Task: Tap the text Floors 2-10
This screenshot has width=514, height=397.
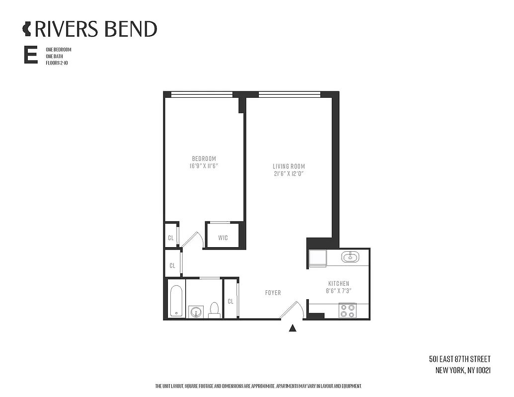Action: click(x=57, y=64)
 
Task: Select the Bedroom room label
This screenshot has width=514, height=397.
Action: click(x=204, y=159)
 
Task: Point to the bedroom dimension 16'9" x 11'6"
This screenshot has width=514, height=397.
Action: click(x=204, y=166)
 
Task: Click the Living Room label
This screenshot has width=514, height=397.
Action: click(x=289, y=166)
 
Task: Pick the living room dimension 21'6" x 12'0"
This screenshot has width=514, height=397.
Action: click(x=289, y=174)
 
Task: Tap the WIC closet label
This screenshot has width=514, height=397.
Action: click(x=223, y=238)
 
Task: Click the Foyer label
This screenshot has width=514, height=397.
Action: click(x=273, y=293)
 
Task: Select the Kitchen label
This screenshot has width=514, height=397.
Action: click(x=338, y=283)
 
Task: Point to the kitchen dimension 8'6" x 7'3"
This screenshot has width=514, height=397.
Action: click(x=338, y=291)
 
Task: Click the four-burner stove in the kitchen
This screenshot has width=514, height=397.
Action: click(x=347, y=311)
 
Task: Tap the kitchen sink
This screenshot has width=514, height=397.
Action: click(x=352, y=257)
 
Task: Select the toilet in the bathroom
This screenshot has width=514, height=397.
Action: click(x=215, y=310)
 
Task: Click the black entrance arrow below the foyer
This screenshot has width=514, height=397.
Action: click(x=293, y=328)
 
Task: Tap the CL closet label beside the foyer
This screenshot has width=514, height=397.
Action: click(x=231, y=301)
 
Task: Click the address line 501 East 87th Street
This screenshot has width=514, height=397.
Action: click(x=460, y=359)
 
